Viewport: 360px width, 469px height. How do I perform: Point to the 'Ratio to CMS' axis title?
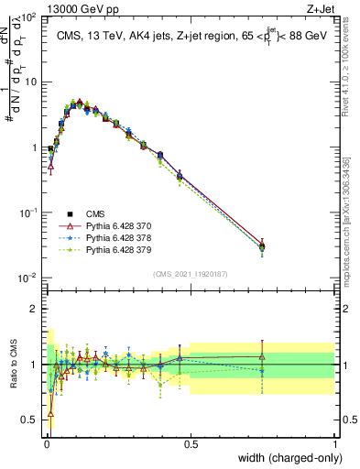pos(13,364)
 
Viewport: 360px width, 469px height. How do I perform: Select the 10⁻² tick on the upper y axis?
pos(29,278)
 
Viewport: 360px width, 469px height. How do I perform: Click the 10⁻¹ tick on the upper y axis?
pos(29,213)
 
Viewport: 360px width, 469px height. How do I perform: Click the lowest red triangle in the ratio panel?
pos(50,413)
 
